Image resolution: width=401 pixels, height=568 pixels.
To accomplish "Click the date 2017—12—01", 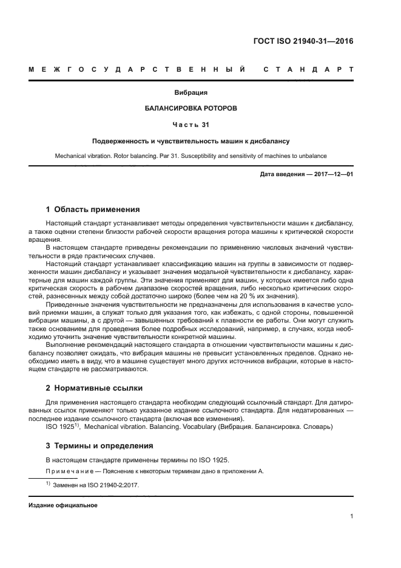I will tap(332, 174).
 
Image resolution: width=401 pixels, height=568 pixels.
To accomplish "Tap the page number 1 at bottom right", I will tap(351, 516).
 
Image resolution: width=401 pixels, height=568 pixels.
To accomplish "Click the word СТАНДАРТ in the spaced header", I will tap(308, 69).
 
